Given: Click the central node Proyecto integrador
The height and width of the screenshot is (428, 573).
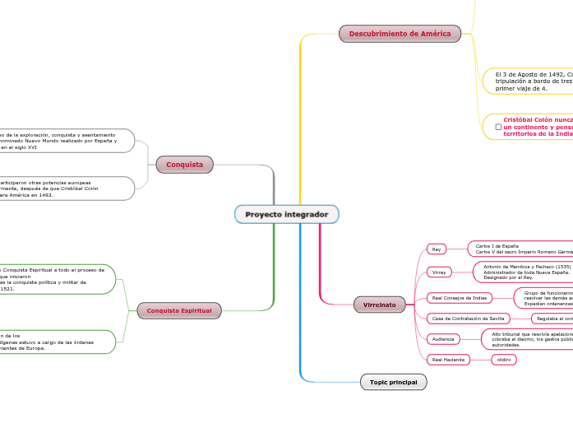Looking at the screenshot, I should (286, 215).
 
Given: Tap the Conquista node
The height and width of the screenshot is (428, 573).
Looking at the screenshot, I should (184, 165).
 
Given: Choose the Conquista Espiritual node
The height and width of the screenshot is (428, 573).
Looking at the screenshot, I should (178, 310).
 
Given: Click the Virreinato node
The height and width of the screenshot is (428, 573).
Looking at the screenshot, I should (379, 305).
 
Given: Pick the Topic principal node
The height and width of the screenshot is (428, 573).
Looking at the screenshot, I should (393, 382).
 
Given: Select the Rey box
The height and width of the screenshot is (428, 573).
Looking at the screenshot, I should (437, 249).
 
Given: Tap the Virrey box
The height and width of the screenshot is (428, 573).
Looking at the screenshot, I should (439, 272).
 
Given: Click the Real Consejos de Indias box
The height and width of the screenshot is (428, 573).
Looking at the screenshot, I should (460, 297).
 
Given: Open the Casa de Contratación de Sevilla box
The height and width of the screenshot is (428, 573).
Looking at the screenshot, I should (469, 319).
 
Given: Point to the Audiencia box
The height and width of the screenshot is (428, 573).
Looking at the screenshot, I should (443, 338).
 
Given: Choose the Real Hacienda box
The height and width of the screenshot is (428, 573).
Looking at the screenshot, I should (448, 360).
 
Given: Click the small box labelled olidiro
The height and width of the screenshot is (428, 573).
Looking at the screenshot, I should (504, 360).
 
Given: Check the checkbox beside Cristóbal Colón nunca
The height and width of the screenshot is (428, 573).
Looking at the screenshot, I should (498, 127).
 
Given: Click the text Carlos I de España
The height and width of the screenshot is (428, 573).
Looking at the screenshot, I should (497, 246).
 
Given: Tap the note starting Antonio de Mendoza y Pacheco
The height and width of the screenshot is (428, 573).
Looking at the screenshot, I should (526, 272).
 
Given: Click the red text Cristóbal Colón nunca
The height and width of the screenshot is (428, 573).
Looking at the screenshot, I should (538, 119).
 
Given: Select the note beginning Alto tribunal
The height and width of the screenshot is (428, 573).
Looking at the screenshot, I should (530, 339).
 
